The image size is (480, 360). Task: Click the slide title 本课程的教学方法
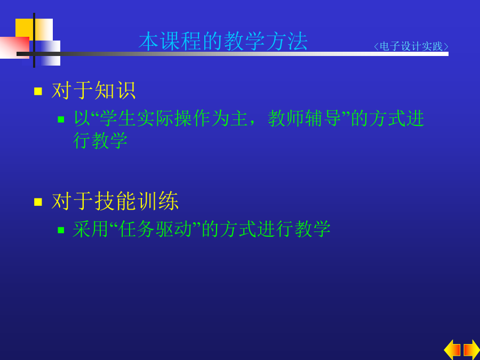pos(223,41)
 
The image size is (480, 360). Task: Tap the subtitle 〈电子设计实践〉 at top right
pos(411,46)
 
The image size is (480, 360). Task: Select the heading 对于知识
pos(94,91)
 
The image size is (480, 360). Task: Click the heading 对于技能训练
pos(115,201)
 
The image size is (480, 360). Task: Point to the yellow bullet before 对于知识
pos(38,91)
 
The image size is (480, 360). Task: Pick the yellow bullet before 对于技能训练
pos(38,202)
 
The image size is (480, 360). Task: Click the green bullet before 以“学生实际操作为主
pos(61,119)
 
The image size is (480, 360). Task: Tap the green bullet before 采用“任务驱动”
pos(61,230)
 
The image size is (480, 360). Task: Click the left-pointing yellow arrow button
pos(452,349)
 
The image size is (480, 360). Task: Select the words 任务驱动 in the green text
pos(155,229)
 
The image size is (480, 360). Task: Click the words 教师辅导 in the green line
pos(305,118)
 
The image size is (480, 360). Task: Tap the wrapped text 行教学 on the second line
pos(100,140)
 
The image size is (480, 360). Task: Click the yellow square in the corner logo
pos(25,28)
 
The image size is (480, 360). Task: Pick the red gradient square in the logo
pos(15,47)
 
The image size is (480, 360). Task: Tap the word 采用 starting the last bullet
pos(91,229)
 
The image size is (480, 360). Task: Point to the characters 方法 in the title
pos(287,41)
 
